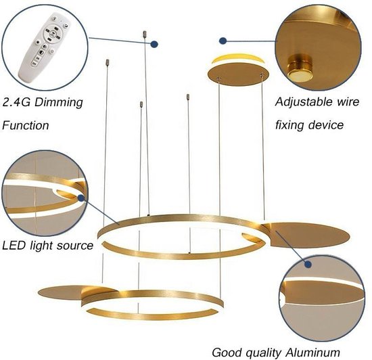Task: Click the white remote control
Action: coord(44,47)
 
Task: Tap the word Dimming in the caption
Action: coord(59,103)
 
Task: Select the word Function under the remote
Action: coord(26,125)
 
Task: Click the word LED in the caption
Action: coord(14,246)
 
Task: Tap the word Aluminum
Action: coord(312,353)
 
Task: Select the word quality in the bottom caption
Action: coord(263,353)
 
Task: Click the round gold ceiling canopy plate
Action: coord(238,74)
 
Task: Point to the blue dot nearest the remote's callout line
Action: coord(154,44)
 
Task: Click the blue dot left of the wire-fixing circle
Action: coord(223,41)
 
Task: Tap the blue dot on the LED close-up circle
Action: coord(81,198)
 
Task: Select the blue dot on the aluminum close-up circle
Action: coord(308,264)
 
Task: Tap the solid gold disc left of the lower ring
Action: coord(76,293)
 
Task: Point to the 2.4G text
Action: coord(16,102)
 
